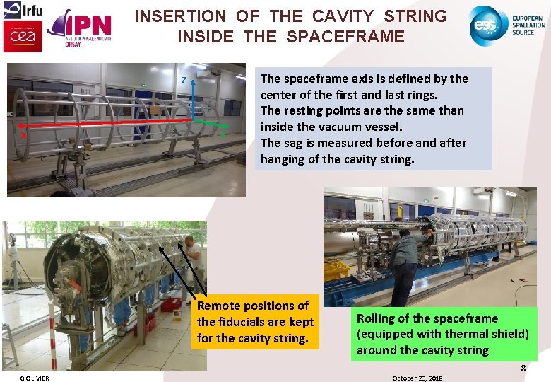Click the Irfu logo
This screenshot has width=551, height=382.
point(23,10)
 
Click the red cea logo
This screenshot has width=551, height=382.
point(23,36)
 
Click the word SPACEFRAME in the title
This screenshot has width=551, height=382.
point(345,36)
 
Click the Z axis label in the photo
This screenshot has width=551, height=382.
point(184,80)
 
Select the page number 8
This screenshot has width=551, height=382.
point(523,368)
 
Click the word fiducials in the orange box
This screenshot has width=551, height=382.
point(242,322)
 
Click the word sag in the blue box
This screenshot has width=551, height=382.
point(295,143)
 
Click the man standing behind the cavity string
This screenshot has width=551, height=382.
point(193,258)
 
